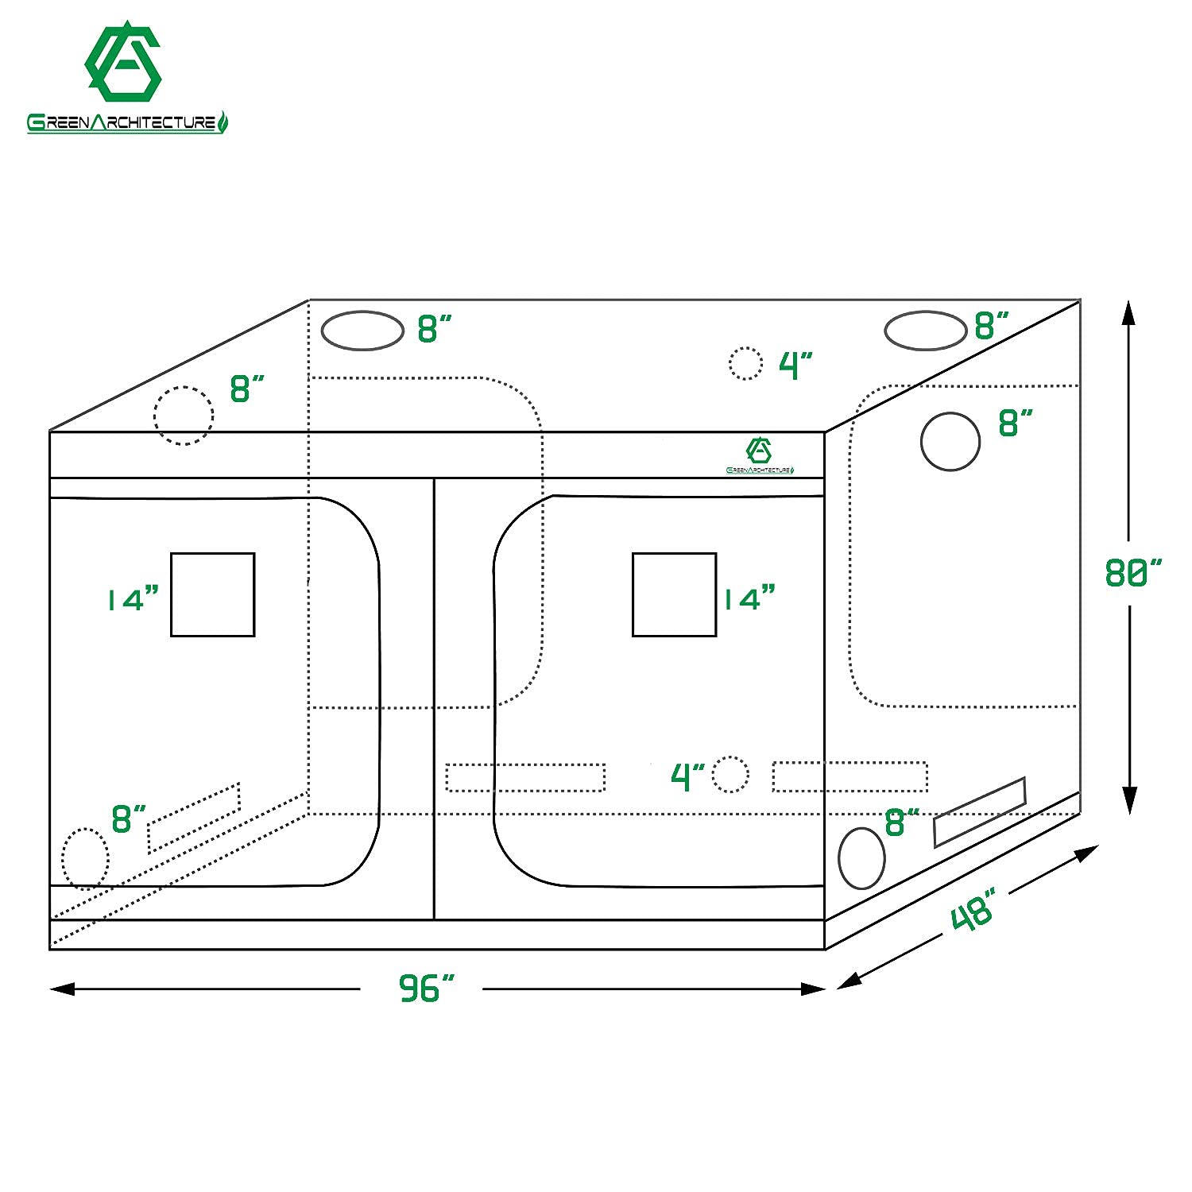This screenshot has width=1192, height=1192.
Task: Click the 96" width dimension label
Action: point(426,989)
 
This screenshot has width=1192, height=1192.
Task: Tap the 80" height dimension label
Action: point(1132,572)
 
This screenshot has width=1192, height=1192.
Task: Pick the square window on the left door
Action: point(212,594)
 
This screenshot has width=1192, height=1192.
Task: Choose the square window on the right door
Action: point(674,594)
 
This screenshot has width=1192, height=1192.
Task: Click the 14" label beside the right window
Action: point(748,597)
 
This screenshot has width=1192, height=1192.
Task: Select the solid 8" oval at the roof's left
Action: point(362,331)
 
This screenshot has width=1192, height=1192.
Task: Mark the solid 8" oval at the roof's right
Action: point(925,331)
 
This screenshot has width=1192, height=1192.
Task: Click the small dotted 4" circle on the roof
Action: point(745,363)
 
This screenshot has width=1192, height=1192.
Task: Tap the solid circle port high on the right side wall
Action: point(950,442)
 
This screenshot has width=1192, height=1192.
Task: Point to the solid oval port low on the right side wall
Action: point(861,858)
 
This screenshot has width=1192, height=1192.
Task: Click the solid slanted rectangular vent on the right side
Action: point(979,812)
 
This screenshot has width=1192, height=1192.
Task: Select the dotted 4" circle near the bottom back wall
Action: point(730,775)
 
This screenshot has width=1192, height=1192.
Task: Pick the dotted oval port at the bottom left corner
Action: point(85,857)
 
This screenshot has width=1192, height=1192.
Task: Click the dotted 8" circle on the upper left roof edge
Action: point(184,416)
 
